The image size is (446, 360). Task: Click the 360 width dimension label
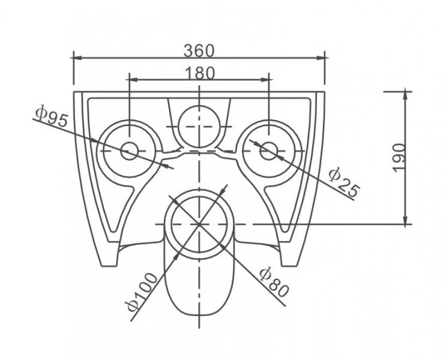pos(199,51)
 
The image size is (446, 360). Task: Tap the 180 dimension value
pos(200,73)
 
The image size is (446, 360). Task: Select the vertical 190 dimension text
pos(399,158)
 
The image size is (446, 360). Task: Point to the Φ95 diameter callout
pos(52,116)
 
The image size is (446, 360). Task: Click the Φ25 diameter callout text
pos(344,182)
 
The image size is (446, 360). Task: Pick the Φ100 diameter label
pos(142,292)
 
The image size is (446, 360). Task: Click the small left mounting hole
pos(130,151)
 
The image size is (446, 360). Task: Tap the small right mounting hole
pos(269,151)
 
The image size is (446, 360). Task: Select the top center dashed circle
pos(199,127)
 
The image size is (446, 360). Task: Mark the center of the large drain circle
pos(199,224)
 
